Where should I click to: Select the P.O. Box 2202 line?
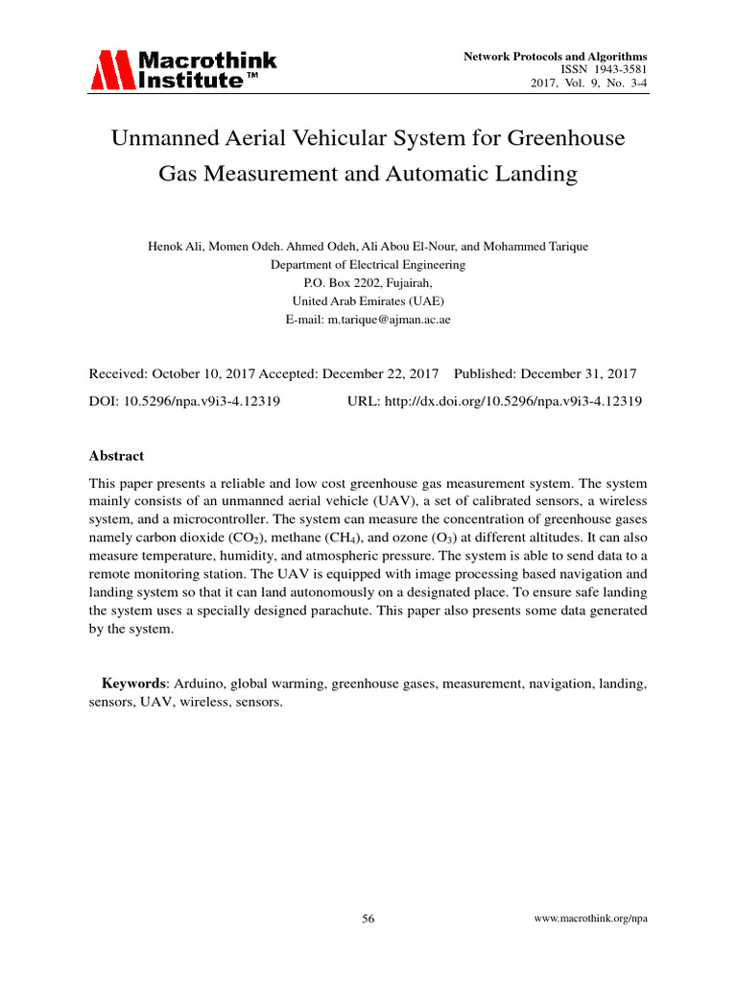coord(368,283)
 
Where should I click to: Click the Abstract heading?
coord(116,456)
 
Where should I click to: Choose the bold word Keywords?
coord(134,683)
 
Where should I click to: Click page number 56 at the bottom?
coord(368,919)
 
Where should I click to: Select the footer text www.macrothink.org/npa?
coord(590,919)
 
